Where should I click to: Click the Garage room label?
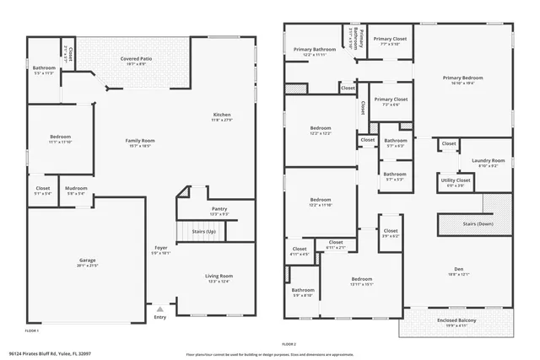point(88,261)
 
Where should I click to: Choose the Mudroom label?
point(77,188)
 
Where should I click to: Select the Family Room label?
point(140,140)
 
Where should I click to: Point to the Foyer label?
point(160,248)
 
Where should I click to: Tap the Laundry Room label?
point(489,160)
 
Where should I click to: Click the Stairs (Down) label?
point(478,224)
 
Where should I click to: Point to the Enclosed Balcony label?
point(459,320)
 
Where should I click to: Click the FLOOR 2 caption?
point(289,344)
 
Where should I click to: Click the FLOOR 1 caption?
point(32,332)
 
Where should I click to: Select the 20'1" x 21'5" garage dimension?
point(88,266)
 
